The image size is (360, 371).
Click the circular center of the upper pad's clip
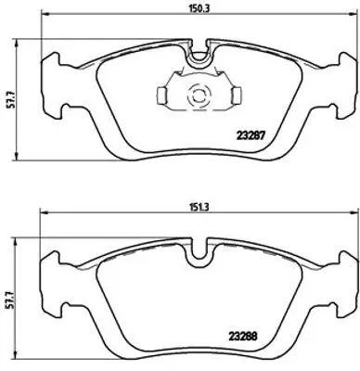tap(196, 94)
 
